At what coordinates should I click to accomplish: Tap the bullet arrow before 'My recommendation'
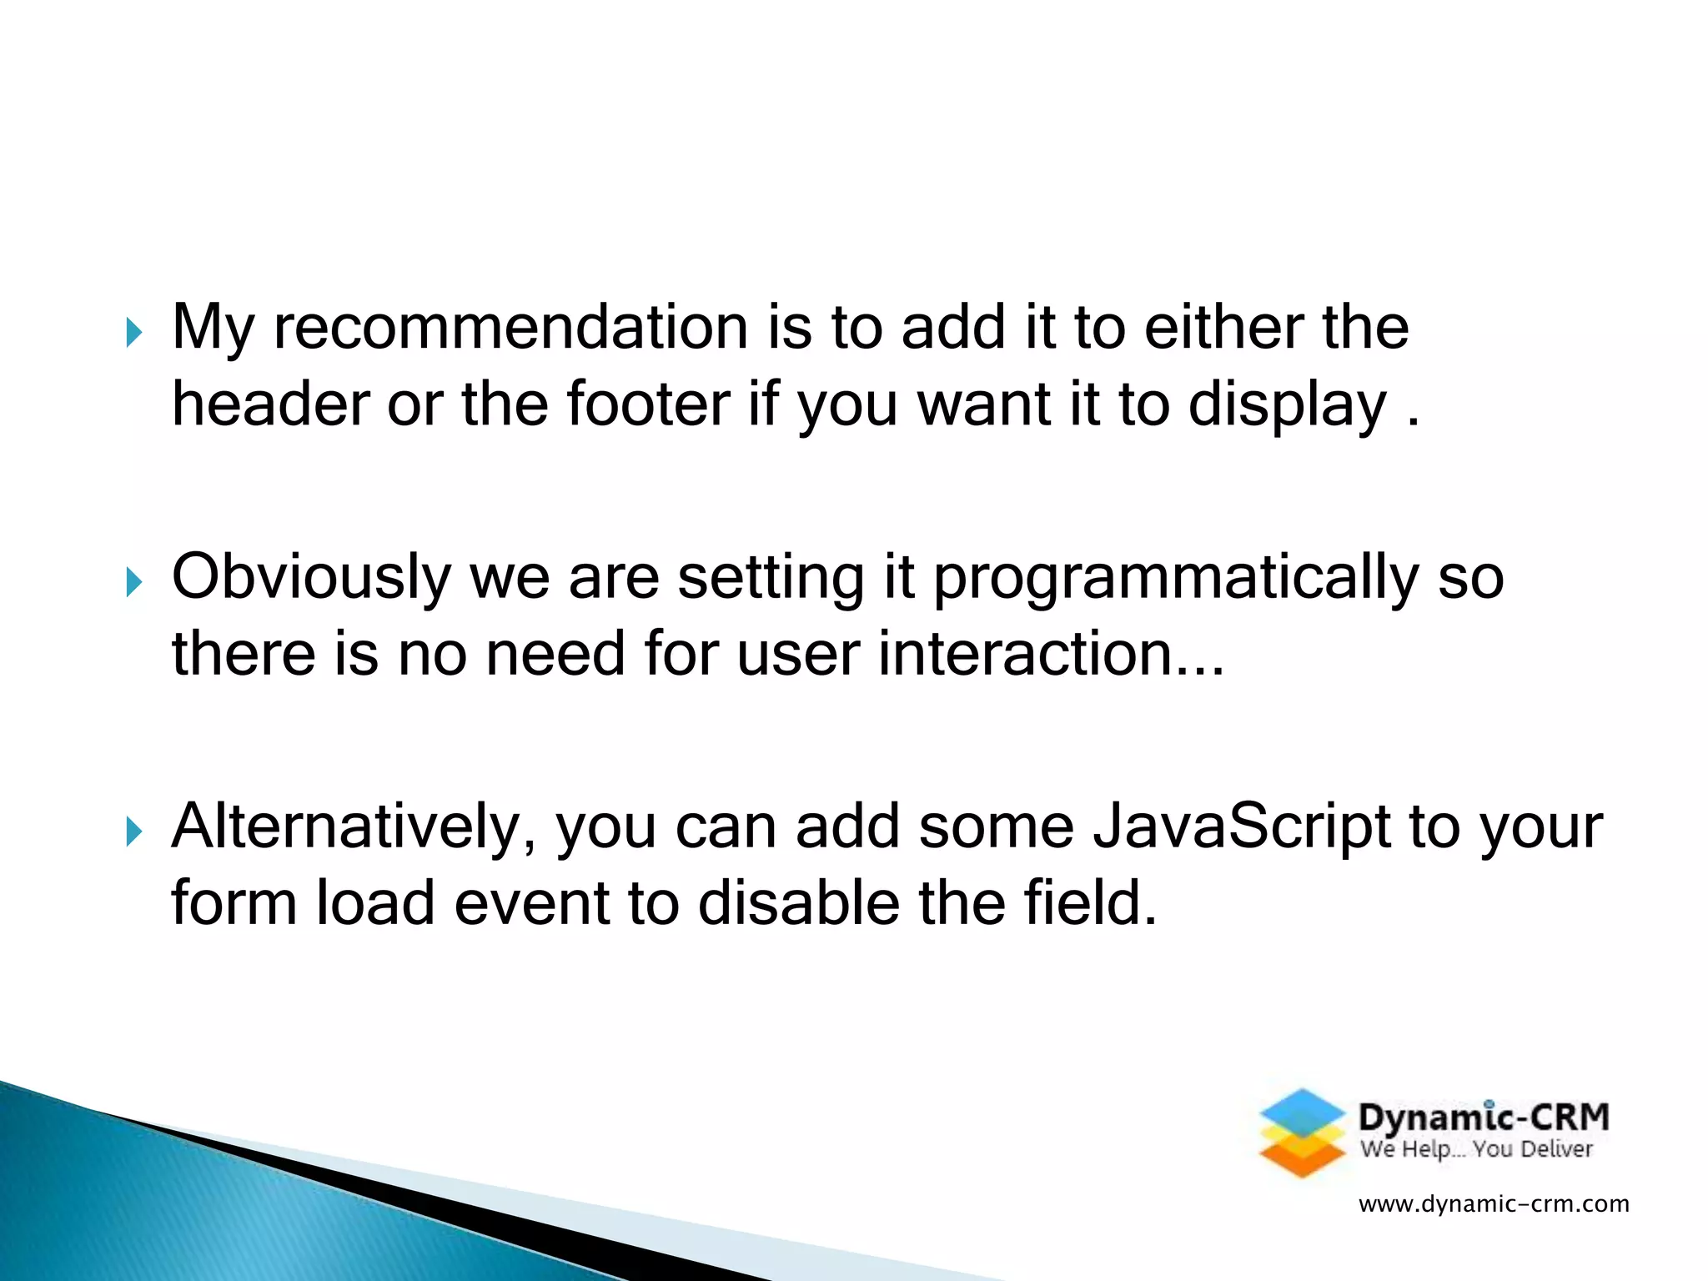click(134, 333)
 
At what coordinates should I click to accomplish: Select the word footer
click(649, 404)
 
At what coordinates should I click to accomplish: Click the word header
click(270, 404)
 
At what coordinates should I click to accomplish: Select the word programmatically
click(1175, 578)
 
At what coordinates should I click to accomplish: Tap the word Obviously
click(310, 578)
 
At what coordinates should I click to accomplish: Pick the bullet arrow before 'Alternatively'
click(134, 831)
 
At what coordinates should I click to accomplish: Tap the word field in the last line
click(1082, 903)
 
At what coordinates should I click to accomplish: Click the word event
click(531, 903)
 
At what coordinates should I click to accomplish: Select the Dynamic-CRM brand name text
click(1483, 1118)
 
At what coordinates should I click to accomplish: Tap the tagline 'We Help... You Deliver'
click(1476, 1150)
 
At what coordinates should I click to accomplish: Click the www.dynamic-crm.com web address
click(1494, 1204)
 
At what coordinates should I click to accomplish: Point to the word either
click(1222, 327)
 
